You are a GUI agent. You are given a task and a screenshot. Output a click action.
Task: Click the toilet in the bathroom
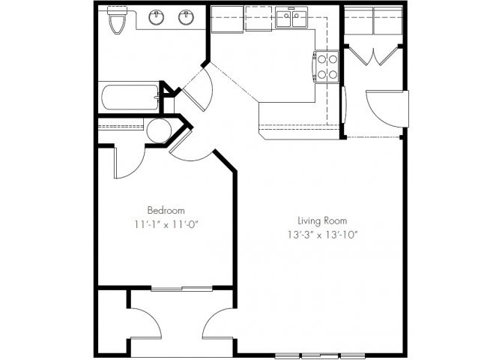[x=117, y=20]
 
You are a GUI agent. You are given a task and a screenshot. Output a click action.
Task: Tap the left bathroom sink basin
[x=157, y=17]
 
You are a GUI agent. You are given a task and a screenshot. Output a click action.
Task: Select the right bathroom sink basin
[x=186, y=17]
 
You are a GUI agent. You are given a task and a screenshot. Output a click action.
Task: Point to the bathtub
[x=130, y=97]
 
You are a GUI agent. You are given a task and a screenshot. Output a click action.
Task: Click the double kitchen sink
[x=291, y=18]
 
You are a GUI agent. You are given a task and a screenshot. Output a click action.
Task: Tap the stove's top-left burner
[x=321, y=59]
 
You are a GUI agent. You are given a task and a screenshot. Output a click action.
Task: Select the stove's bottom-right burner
[x=333, y=75]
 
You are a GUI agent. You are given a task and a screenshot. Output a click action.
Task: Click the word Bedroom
[x=166, y=210]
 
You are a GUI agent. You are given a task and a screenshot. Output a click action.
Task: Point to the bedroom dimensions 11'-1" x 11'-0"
[x=166, y=224]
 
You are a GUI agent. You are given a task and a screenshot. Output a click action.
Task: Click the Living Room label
[x=322, y=220]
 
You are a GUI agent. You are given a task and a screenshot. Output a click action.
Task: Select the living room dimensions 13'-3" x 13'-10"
[x=322, y=235]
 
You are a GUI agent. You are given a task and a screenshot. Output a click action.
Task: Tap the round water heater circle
[x=159, y=130]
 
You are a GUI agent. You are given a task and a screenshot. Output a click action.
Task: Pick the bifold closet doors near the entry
[x=373, y=56]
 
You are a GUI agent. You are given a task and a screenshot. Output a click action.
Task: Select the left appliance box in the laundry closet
[x=359, y=20]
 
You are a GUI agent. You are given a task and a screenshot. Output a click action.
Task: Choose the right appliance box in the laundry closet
[x=387, y=20]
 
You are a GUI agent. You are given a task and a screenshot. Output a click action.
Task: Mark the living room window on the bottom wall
[x=320, y=355]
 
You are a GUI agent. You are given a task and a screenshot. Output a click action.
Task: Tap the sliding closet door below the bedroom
[x=181, y=289]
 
